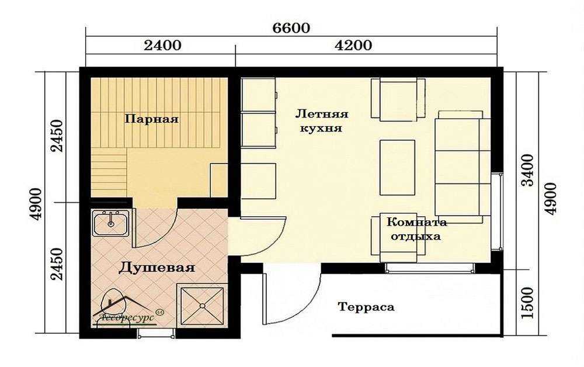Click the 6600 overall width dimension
291,28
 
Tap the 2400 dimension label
162,46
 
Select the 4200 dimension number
353,46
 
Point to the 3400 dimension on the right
528,170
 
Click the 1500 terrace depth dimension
528,303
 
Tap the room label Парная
151,119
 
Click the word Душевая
157,268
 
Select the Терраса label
366,307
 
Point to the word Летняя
322,113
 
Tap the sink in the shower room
110,223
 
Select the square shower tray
202,306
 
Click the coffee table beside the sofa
397,167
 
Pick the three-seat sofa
462,166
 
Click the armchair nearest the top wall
398,100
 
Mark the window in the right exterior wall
497,211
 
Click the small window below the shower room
156,333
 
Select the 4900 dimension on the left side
36,204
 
